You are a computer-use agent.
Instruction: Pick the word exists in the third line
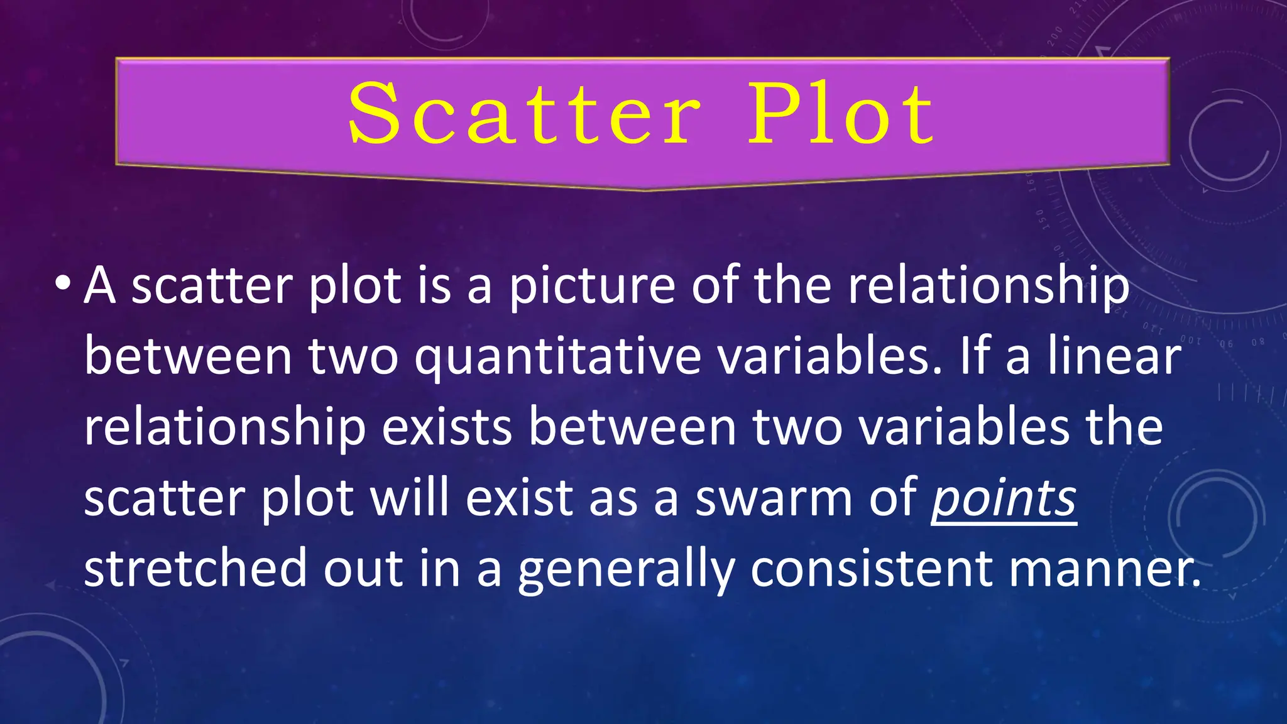click(447, 427)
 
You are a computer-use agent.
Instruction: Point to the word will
click(409, 497)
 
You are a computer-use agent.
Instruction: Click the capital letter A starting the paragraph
click(100, 286)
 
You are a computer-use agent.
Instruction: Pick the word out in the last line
click(363, 568)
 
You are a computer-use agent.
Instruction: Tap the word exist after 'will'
click(519, 497)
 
